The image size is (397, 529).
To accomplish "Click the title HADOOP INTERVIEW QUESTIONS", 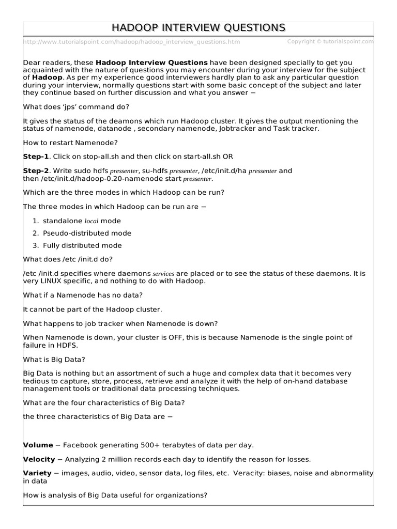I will click(198, 27).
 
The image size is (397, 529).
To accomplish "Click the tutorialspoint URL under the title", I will click(131, 42).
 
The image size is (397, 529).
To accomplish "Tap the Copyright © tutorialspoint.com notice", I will click(330, 41).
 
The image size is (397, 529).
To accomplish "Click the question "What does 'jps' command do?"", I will click(76, 106).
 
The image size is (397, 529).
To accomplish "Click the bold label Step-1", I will click(36, 156).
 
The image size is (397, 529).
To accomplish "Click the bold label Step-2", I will click(36, 170).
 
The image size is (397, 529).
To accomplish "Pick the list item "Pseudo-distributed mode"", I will click(87, 233).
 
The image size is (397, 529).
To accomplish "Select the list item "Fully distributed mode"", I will click(82, 245).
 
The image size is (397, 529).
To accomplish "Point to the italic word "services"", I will click(163, 274).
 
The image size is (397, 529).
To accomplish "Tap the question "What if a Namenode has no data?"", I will click(83, 295).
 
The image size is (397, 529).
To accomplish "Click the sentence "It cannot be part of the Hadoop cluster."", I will click(93, 309).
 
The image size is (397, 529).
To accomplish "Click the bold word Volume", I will click(38, 445).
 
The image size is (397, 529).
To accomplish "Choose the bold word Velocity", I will click(39, 459).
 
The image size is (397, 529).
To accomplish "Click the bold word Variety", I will click(37, 473).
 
